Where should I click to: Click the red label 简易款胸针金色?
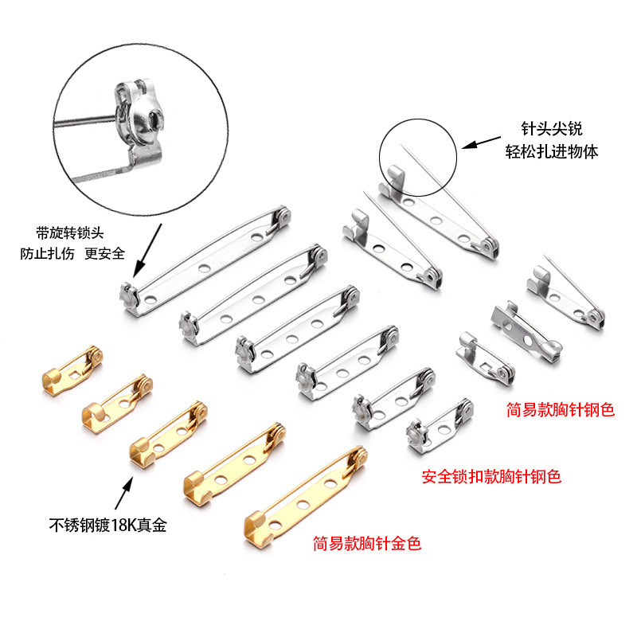[x=367, y=544]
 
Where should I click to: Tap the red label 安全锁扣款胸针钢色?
[x=491, y=477]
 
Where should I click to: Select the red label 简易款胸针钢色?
[x=561, y=410]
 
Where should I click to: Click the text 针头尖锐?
[x=550, y=129]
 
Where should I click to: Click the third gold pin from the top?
[x=169, y=431]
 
